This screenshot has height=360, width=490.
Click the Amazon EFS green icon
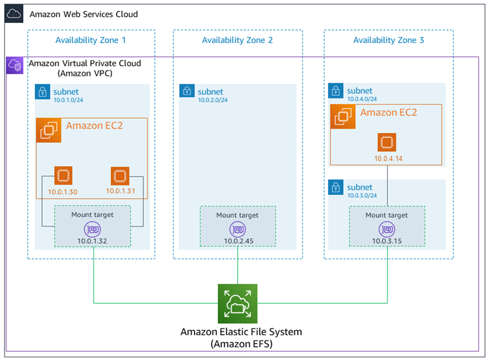coord(238,304)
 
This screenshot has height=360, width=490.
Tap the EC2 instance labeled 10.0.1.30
coord(63,175)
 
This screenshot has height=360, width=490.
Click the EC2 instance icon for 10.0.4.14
coord(387,142)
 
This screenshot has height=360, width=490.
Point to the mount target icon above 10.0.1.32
coord(92,229)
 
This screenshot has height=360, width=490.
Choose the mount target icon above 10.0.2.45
coord(238,229)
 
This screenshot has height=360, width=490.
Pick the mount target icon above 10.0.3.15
coord(387,229)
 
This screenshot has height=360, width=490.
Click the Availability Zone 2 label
coord(237,40)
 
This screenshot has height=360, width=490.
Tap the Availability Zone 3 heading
coord(388,40)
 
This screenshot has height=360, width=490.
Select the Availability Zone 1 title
coord(91,40)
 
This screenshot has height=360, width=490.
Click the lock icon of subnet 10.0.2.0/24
coord(187,91)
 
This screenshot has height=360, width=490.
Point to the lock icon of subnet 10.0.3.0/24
coord(336,187)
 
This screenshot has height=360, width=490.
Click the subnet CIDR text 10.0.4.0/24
coord(362,99)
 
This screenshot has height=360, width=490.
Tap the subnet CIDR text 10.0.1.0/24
coord(68,100)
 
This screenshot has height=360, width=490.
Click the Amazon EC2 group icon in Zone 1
coord(48,130)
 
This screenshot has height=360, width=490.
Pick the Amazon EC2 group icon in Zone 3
coord(343,117)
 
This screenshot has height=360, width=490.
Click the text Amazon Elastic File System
coord(241,332)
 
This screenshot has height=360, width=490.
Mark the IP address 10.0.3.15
coord(387,241)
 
